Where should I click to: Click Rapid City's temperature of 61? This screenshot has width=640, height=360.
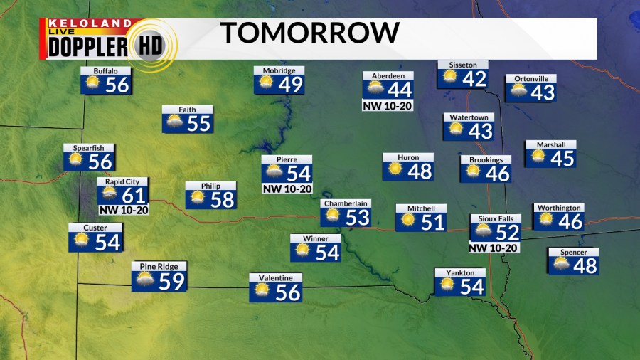coord(134,195)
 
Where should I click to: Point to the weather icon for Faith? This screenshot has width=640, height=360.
coord(174,122)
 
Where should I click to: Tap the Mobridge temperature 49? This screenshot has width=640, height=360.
coord(291,84)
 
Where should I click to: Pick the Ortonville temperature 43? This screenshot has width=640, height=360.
coord(542,92)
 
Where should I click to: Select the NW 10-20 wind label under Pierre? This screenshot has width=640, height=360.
coord(287,189)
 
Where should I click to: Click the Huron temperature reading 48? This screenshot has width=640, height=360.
coord(420,171)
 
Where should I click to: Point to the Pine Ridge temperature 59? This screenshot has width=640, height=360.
coord(171,281)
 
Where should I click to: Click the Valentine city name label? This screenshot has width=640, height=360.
coord(275,277)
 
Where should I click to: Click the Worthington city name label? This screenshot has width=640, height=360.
coord(559,208)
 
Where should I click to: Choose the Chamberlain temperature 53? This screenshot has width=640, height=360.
coord(357,217)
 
